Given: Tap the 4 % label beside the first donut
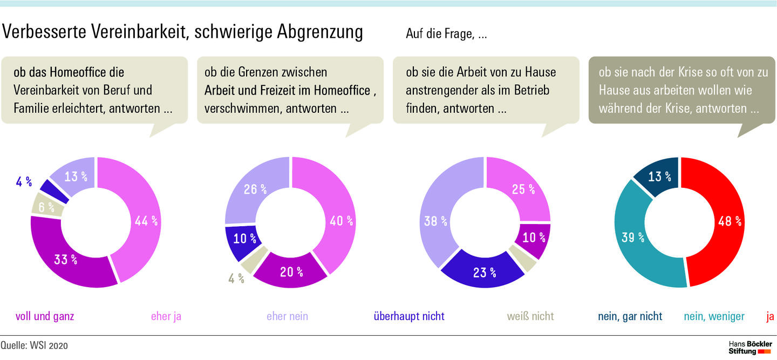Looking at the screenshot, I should click(x=23, y=182).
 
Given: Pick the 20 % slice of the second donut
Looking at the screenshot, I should click(x=291, y=272).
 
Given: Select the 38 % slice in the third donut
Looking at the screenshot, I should click(x=437, y=221).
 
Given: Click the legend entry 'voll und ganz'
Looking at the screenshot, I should click(x=45, y=316).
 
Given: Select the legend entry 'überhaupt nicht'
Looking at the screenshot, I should click(x=409, y=316).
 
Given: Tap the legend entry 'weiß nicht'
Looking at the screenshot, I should click(x=530, y=316).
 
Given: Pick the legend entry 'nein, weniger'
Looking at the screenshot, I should click(x=714, y=316).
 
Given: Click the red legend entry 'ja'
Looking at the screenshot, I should click(x=770, y=316).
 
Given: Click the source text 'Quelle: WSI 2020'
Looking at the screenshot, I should click(x=35, y=345).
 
